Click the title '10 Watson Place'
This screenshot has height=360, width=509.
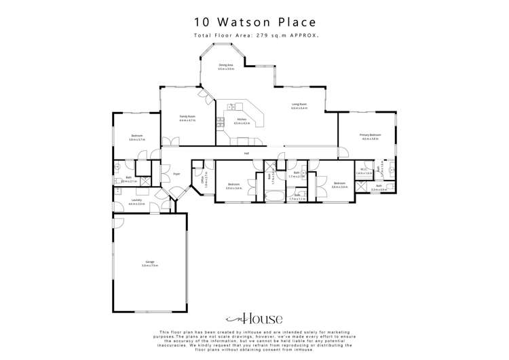[254, 21]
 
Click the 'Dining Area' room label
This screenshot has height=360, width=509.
[226, 65]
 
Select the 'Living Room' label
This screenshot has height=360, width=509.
[299, 105]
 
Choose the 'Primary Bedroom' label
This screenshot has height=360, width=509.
[371, 135]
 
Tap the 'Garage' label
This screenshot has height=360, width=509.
[149, 262]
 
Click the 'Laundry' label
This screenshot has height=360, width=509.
[136, 200]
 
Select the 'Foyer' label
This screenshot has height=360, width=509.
[176, 174]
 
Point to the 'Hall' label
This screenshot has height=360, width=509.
[247, 154]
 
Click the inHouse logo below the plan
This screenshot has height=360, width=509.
[254, 319]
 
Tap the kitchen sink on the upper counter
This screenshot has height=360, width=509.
[233, 107]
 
